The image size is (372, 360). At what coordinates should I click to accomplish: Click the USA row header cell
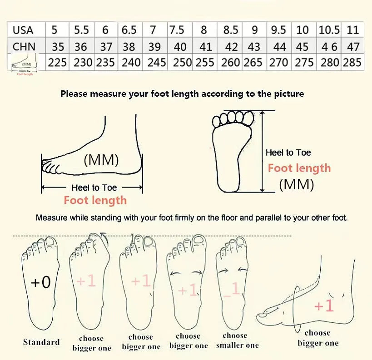pos(23,30)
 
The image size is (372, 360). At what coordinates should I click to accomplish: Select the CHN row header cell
pos(24,46)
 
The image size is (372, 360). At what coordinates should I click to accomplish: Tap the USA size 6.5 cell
pos(129,30)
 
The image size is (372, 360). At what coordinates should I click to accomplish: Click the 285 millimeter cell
pos(352,62)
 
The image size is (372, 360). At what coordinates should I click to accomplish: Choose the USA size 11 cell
pos(352,30)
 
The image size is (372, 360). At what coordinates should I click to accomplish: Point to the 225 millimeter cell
pos(57,62)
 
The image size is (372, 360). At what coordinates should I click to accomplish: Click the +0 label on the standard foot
pos(41,282)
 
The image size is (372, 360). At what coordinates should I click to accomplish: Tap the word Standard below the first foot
pos(41,342)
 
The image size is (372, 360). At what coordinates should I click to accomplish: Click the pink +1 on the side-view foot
pos(324,306)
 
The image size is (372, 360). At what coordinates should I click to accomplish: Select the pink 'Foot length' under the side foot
pos(95,200)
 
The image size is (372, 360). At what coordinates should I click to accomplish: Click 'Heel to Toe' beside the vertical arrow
pos(288,153)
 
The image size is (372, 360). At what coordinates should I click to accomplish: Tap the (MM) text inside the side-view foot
pos(101,159)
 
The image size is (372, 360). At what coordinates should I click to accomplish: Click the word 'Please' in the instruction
pos(74,94)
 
